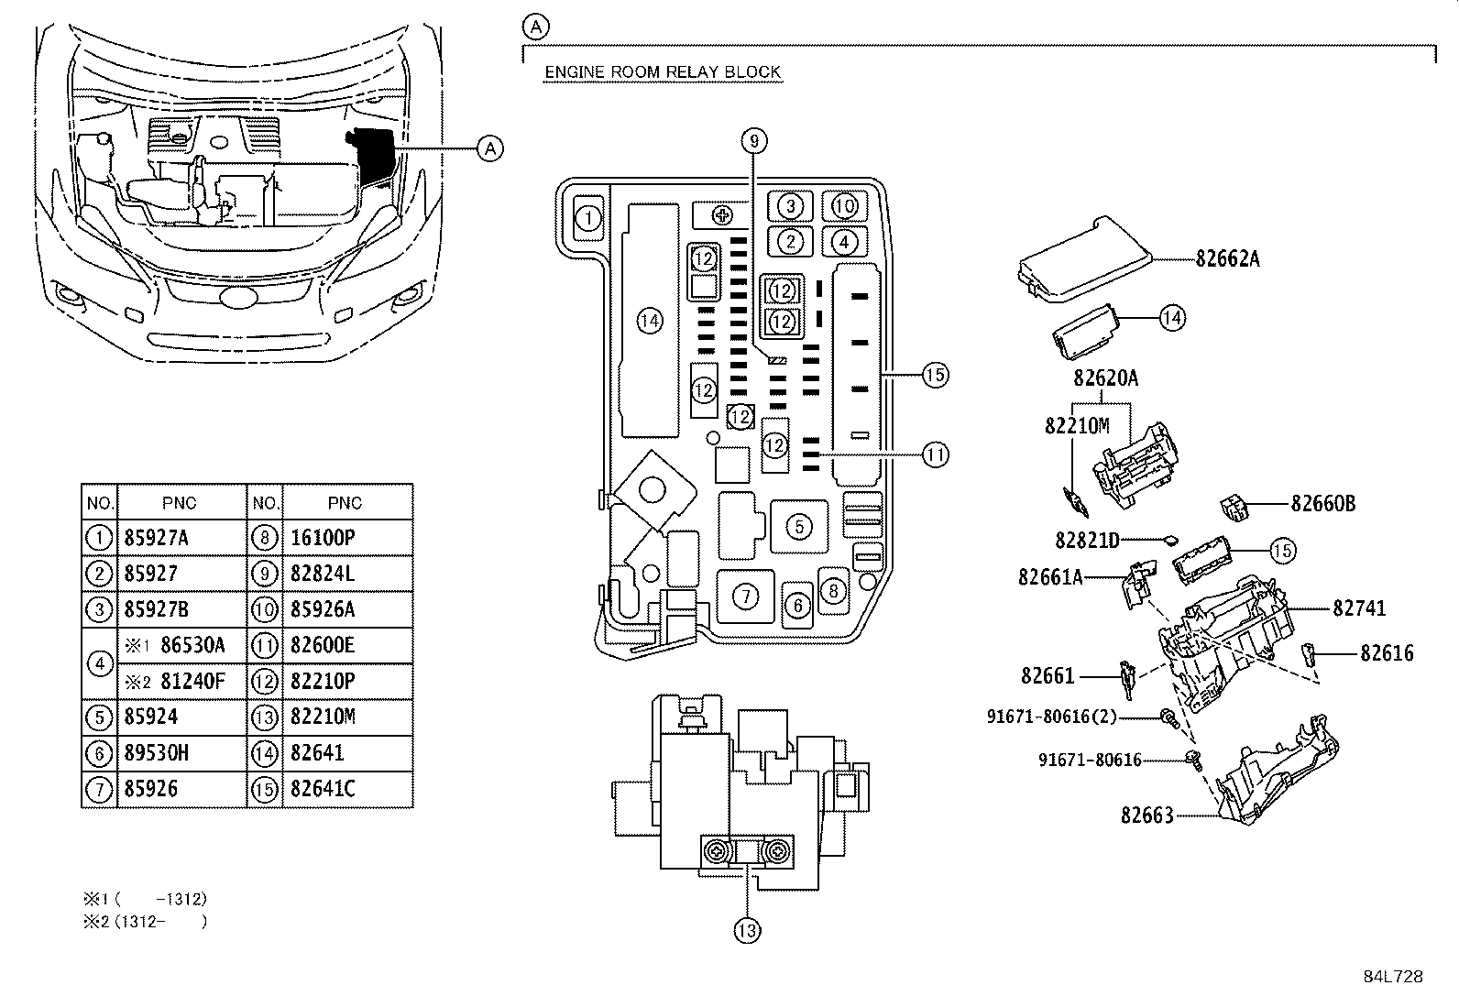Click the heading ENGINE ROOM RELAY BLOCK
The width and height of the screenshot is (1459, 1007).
tap(663, 71)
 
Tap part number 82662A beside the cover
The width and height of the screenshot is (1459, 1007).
tap(1228, 259)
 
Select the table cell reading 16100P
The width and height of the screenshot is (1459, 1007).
tap(323, 538)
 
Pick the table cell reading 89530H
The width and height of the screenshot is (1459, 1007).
tap(157, 753)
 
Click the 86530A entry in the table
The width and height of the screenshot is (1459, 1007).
tap(192, 645)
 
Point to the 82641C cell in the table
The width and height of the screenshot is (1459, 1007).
tap(323, 789)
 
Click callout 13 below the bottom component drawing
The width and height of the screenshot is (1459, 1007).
tap(747, 931)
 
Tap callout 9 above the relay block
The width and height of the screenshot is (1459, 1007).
tap(754, 141)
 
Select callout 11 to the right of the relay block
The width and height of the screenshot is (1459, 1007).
tap(936, 454)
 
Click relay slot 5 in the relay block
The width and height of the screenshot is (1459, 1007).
tap(799, 526)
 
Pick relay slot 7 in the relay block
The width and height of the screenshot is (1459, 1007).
tap(746, 596)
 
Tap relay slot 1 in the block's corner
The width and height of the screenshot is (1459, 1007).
tap(588, 217)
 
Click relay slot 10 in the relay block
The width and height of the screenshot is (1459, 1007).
tap(845, 206)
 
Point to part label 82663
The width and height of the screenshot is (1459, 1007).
tap(1147, 815)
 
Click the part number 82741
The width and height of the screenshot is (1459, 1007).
tap(1359, 608)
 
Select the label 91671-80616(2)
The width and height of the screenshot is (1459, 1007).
tap(1052, 717)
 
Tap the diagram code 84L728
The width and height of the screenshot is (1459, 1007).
tap(1393, 977)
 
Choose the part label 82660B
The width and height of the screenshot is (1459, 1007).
tap(1323, 504)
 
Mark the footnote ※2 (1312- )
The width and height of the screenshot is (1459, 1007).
tap(145, 922)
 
